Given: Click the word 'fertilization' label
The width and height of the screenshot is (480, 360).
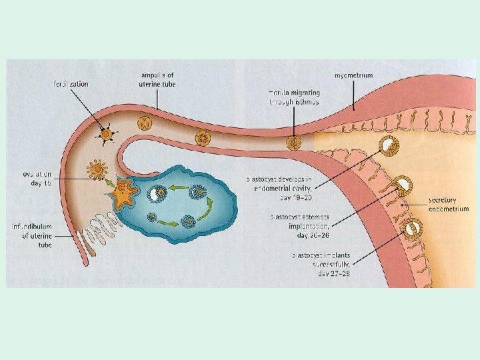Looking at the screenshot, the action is point(71,84).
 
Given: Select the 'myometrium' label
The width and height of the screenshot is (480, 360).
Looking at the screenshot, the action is point(354,76).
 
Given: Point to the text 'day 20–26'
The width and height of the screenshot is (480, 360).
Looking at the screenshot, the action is point(311,235).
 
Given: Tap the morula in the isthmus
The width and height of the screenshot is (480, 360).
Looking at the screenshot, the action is point(293,142).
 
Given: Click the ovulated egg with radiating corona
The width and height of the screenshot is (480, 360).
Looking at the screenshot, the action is point(98,169).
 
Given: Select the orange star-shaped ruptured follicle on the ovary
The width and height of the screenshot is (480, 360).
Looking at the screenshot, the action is point(124,194).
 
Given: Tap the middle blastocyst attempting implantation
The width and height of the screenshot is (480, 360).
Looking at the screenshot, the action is point(403,187).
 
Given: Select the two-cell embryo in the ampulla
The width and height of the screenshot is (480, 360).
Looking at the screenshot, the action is point(145,123).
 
